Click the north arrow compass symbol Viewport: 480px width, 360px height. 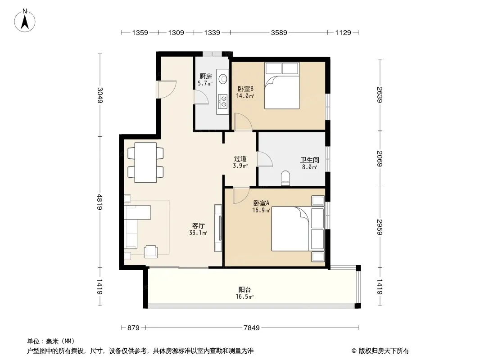25,20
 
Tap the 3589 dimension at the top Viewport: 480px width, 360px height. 279,32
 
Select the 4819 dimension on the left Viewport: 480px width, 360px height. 100,202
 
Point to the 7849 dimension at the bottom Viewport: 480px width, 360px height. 252,328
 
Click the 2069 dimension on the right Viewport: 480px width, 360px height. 380,159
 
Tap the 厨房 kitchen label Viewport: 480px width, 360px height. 205,76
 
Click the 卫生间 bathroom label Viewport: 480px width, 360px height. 309,160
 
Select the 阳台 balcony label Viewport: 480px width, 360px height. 245,289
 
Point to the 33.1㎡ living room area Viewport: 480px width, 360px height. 198,233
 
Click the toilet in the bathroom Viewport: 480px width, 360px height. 285,178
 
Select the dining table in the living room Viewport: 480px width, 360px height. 145,162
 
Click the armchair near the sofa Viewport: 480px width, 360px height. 151,252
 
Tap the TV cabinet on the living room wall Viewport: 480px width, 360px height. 218,228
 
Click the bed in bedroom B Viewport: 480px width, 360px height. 281,85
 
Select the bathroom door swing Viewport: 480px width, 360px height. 265,159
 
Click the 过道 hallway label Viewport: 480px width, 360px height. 240,158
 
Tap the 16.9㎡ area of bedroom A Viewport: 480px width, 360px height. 261,210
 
